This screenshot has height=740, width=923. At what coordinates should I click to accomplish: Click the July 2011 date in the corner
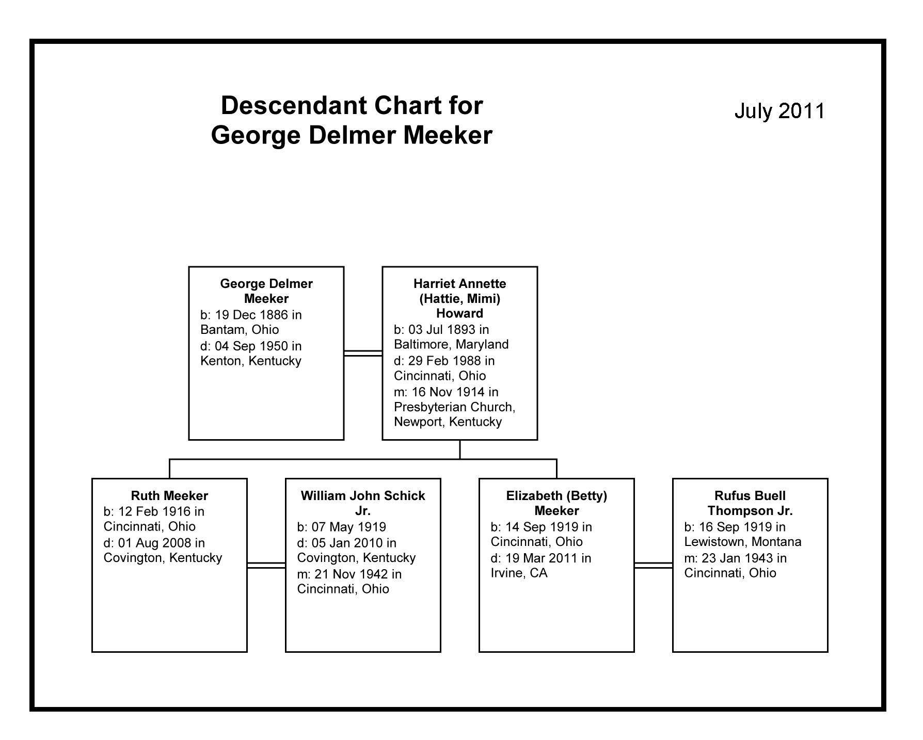coord(779,111)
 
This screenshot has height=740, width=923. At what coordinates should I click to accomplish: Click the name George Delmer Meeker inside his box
coord(266,291)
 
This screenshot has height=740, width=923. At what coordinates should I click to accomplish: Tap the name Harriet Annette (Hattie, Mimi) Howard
coord(459,298)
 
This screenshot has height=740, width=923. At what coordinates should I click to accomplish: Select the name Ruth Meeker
coord(169,496)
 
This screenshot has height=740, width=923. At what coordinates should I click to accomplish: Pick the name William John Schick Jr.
coord(363,503)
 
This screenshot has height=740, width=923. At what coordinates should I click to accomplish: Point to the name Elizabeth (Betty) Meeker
coord(556,503)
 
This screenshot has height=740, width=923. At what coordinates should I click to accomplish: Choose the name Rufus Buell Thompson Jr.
coord(750,503)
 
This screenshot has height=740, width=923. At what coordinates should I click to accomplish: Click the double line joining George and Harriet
coord(363,353)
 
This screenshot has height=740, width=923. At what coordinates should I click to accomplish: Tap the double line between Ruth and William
coord(266,565)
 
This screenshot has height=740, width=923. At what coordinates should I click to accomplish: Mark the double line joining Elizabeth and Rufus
coord(653,565)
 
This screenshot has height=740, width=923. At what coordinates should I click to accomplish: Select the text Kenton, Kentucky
coord(251,361)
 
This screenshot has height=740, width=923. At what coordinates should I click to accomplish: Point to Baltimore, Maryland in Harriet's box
coord(451,344)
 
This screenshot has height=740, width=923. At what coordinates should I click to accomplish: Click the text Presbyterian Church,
coord(454,407)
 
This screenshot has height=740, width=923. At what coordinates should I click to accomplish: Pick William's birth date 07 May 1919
coord(348,527)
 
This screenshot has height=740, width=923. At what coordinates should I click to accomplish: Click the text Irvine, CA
coord(519,573)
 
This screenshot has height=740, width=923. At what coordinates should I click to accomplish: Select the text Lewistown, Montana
coord(743,542)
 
